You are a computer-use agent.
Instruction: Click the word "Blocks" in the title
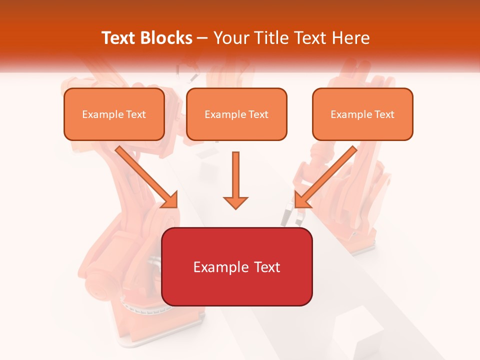[x=167, y=38]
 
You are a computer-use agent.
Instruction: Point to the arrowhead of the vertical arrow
[x=235, y=202]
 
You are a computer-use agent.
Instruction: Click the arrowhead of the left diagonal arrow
[x=169, y=199]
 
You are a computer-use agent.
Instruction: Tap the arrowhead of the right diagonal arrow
[x=302, y=199]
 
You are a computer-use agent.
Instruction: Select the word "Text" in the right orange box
[x=384, y=114]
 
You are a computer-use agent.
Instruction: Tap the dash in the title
[x=203, y=38]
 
